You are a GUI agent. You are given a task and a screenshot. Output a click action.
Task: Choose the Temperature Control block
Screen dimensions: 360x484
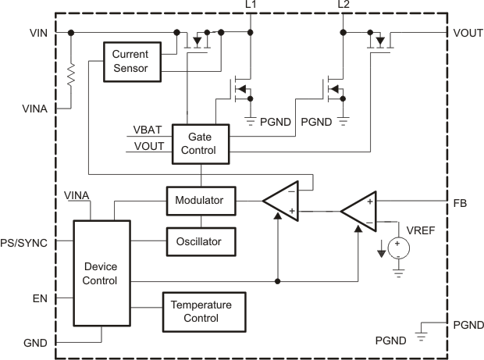202,311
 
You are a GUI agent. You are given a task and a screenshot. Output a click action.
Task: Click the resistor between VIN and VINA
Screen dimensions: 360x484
72,73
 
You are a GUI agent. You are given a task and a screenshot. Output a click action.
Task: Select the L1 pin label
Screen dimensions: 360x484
250,6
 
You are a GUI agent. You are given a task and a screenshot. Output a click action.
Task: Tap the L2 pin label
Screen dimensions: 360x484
343,6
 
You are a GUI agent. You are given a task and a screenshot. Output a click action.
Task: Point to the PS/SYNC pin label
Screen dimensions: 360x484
24,242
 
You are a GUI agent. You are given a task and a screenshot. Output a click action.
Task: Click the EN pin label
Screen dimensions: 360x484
40,298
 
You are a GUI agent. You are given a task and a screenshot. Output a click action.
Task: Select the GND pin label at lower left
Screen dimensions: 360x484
35,343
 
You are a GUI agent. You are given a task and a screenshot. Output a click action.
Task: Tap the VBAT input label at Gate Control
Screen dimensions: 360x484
148,130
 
